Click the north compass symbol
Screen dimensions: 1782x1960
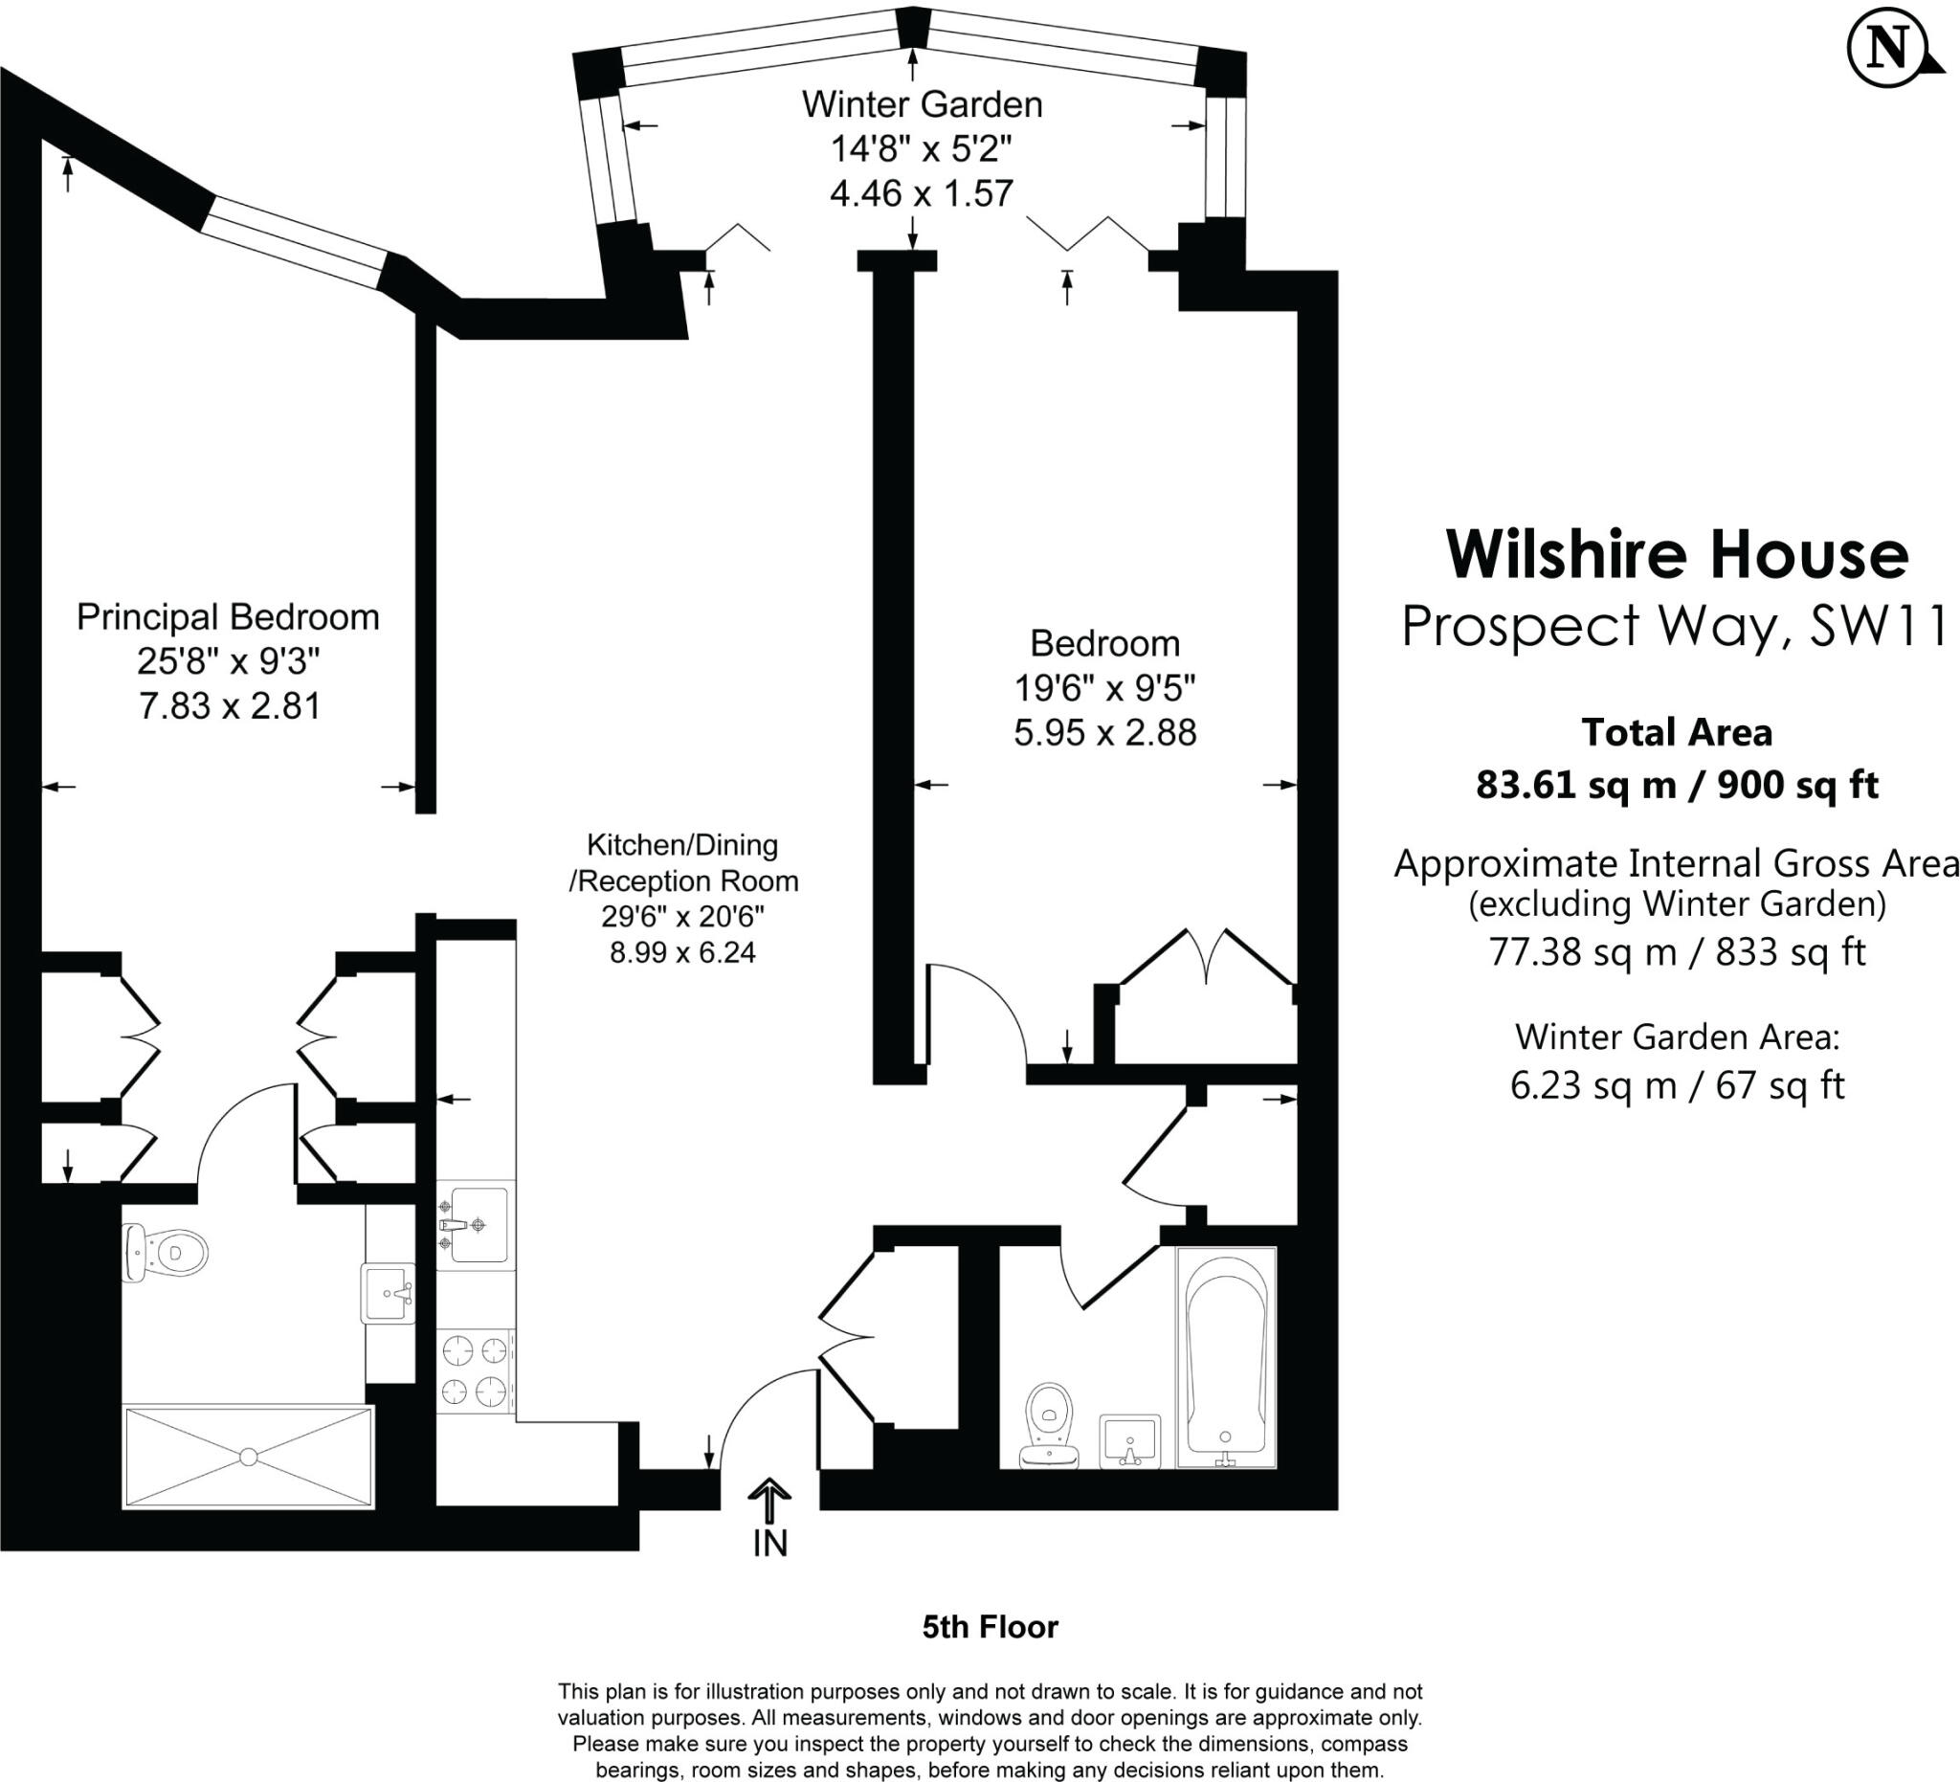pyautogui.click(x=1890, y=50)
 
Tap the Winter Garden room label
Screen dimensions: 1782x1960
pyautogui.click(x=922, y=105)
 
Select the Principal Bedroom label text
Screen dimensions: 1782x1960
pyautogui.click(x=228, y=617)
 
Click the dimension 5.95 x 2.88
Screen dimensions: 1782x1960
pyautogui.click(x=1104, y=733)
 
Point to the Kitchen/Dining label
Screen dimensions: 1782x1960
pyautogui.click(x=682, y=845)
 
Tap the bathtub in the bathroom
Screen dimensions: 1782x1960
pyautogui.click(x=1226, y=1357)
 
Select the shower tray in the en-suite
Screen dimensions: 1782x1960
pyautogui.click(x=248, y=1457)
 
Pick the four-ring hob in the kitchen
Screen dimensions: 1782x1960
pyautogui.click(x=476, y=1371)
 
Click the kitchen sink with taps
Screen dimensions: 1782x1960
pyautogui.click(x=476, y=1226)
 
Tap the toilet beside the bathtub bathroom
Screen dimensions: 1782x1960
pyautogui.click(x=1049, y=1425)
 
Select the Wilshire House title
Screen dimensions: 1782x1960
pyautogui.click(x=1677, y=555)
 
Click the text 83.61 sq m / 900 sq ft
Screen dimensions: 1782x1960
pyautogui.click(x=1677, y=785)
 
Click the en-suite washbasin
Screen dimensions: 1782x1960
pyautogui.click(x=389, y=1293)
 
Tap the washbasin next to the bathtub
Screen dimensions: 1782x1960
pyautogui.click(x=1129, y=1440)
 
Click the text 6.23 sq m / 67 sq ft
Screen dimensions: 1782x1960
pyautogui.click(x=1677, y=1085)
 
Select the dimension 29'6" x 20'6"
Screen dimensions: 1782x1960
pyautogui.click(x=682, y=916)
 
